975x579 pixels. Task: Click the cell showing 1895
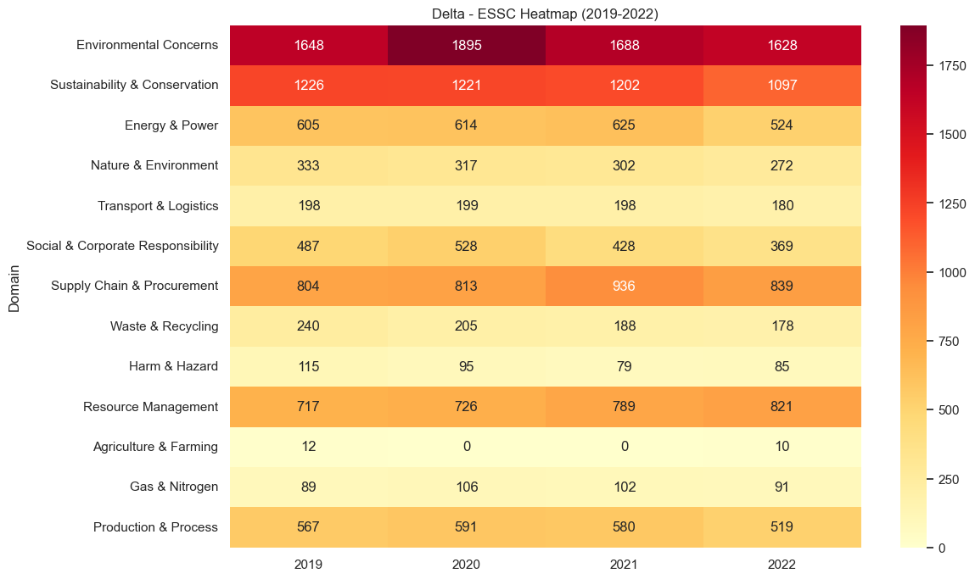point(466,45)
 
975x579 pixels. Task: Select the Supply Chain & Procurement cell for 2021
point(624,286)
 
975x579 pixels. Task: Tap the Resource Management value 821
point(782,406)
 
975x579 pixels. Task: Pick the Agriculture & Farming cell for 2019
point(308,447)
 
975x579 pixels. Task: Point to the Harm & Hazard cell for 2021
point(624,366)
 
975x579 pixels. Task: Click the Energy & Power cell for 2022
point(782,125)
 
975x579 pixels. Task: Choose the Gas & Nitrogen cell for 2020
point(466,487)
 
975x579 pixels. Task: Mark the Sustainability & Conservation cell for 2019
point(308,85)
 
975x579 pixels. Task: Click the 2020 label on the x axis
point(466,564)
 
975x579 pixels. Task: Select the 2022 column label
point(782,564)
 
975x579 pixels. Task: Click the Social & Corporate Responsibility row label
point(122,246)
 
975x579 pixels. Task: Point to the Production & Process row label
point(155,527)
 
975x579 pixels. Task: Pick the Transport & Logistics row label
point(158,206)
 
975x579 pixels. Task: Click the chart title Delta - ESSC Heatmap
point(545,13)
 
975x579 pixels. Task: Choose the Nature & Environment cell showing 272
point(782,165)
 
